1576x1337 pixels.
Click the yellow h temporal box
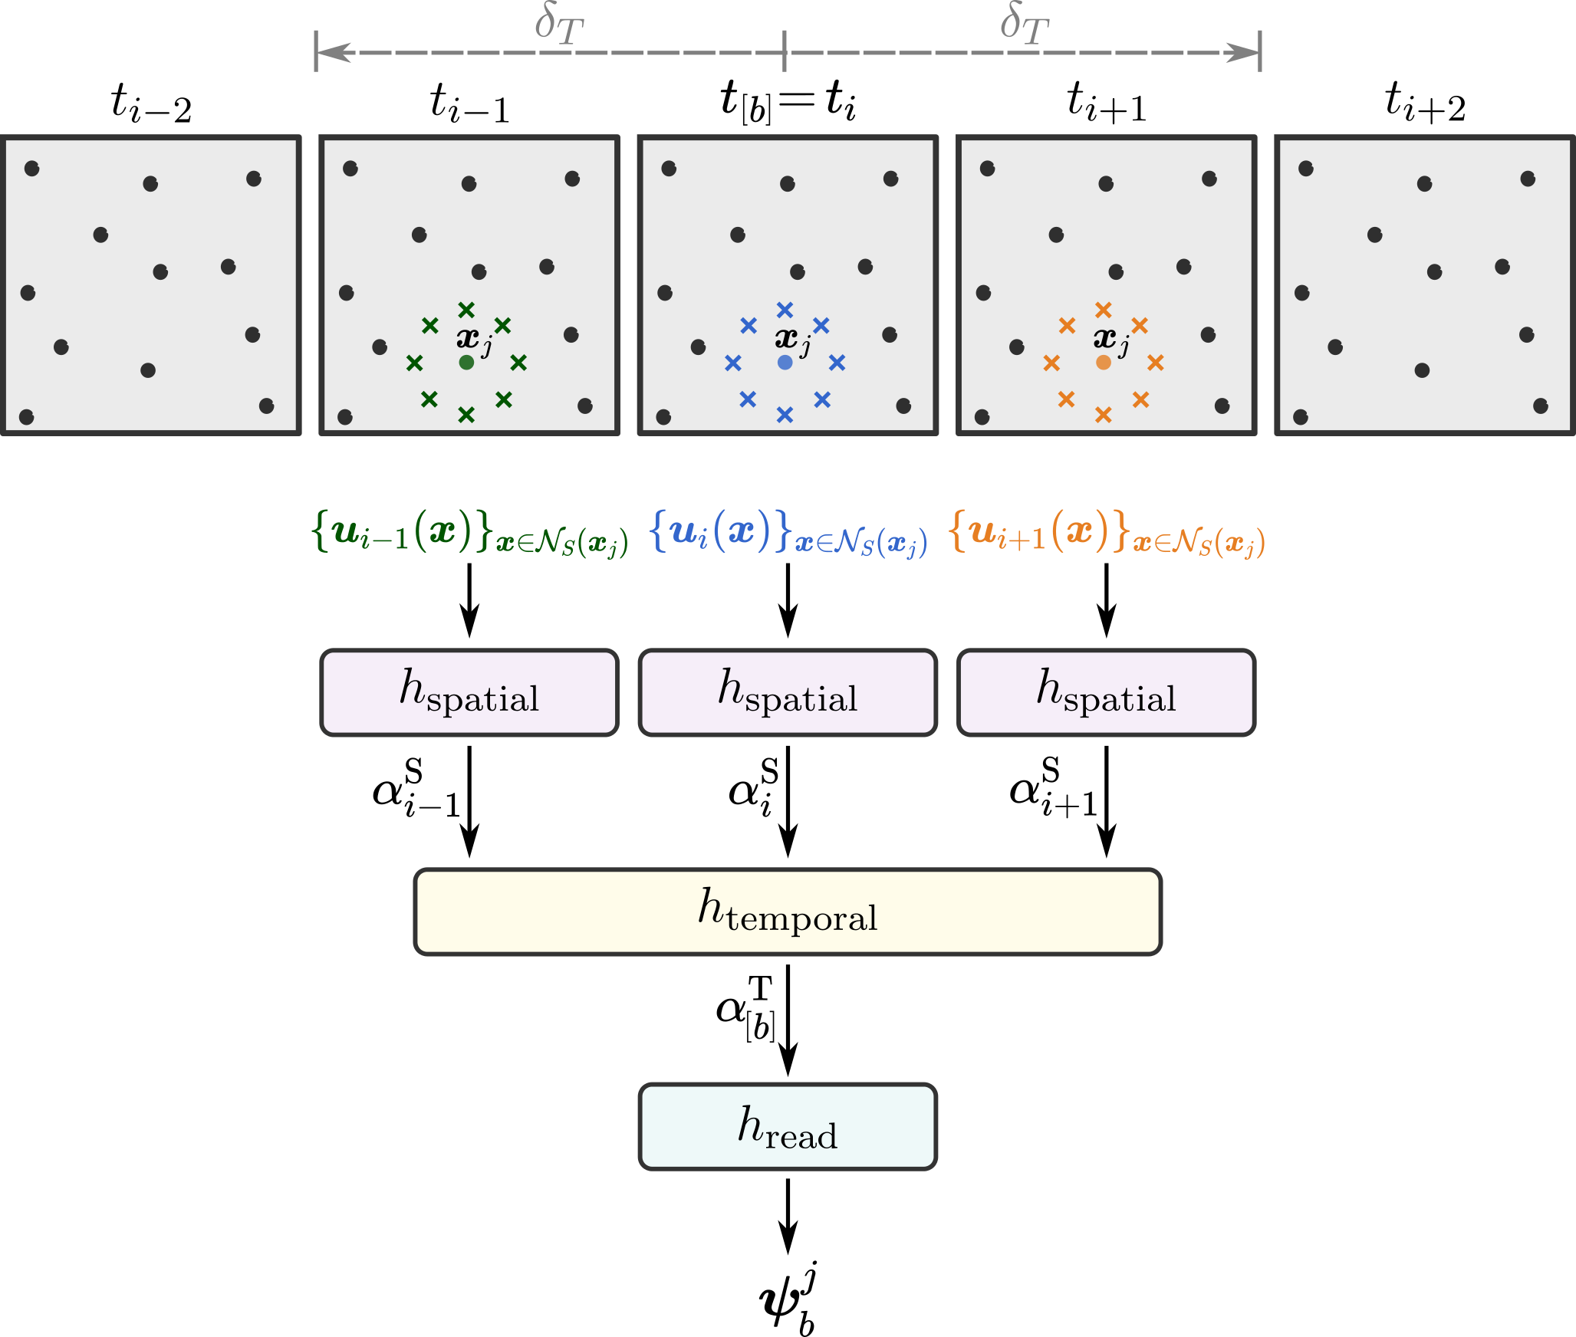click(788, 912)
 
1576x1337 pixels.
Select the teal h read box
click(788, 1126)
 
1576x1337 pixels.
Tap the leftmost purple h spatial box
click(469, 692)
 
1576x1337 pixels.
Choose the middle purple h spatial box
click(788, 692)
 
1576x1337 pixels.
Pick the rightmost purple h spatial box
click(1106, 692)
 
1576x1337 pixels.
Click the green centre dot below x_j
click(466, 362)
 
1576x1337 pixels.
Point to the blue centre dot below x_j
click(785, 362)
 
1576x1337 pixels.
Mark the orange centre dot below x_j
click(1103, 362)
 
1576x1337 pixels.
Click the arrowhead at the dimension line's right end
click(1242, 53)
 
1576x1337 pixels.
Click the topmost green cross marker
click(466, 310)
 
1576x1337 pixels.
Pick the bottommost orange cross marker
click(1103, 415)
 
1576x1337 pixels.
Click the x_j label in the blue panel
click(792, 339)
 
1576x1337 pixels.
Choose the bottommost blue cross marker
click(785, 415)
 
